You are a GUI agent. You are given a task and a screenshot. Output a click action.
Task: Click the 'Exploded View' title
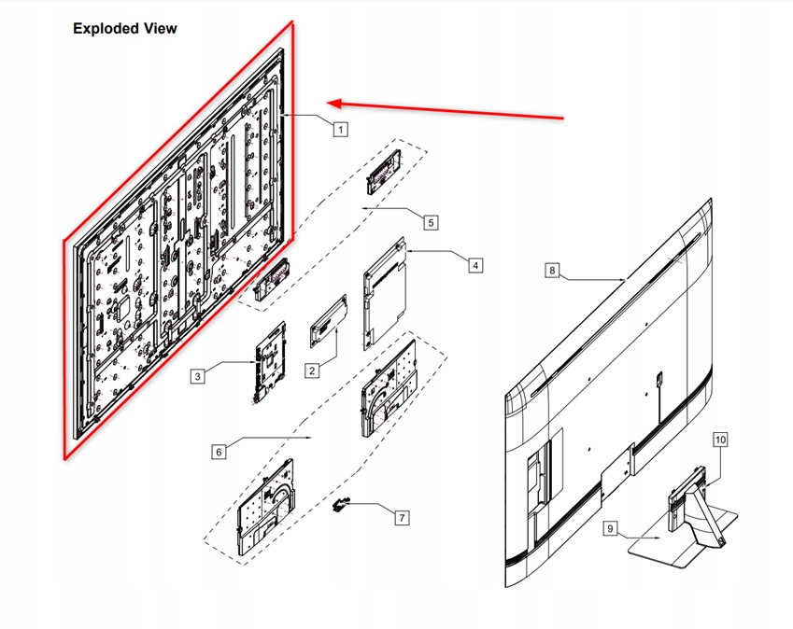[x=125, y=29]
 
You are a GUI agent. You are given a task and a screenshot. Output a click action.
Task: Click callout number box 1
[x=341, y=129]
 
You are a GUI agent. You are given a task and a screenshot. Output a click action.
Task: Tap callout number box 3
[x=197, y=376]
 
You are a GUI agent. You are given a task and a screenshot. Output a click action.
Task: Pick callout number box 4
[x=475, y=265]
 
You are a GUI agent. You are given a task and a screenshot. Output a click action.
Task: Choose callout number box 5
[x=431, y=222]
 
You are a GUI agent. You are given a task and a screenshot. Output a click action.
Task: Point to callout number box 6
[x=219, y=452]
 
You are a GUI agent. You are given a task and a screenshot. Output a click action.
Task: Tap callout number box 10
[x=720, y=439]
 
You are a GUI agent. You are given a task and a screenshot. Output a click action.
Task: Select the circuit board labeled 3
[x=269, y=362]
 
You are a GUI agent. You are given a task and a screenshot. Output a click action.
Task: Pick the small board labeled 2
[x=329, y=321]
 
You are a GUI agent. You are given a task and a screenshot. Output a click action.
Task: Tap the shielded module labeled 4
[x=385, y=290]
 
